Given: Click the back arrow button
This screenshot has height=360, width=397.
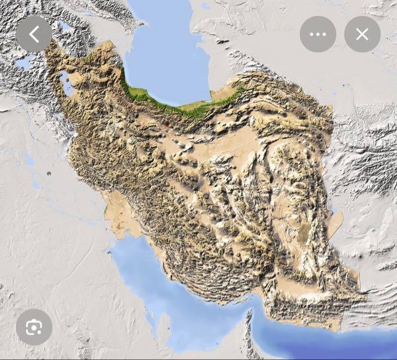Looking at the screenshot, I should [34, 34].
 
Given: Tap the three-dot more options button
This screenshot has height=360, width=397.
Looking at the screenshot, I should [318, 34].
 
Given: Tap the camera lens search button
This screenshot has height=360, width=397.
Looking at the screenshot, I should [34, 327].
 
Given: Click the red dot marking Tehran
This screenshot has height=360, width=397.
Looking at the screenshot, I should [167, 124].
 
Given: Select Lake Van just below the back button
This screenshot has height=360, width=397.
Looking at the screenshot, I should [25, 63].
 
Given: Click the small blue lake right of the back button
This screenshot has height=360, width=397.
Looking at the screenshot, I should [65, 27].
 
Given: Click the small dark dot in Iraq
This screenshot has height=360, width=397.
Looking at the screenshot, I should [48, 173].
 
